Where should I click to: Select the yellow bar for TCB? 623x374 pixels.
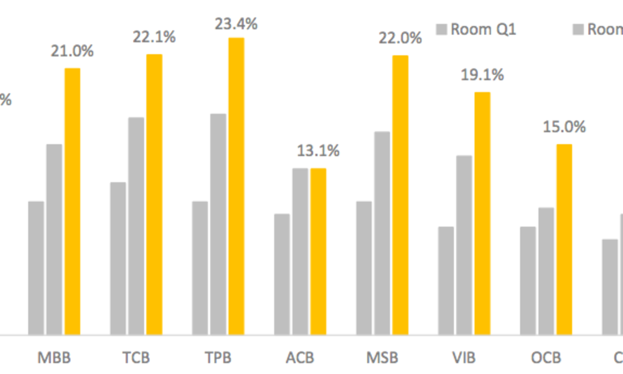coord(154,194)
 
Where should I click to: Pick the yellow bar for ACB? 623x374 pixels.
coord(318,251)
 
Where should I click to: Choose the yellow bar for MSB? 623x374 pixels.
coord(400,195)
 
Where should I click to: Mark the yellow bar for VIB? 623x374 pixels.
coord(482,213)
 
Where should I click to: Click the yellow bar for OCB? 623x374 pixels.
coord(564,239)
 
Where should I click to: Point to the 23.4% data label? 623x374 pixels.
coord(237,24)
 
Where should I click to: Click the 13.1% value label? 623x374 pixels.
coord(319,151)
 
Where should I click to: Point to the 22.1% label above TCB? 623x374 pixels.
coord(155,37)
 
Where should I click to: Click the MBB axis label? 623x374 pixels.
coord(54,358)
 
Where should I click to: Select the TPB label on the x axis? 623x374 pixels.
coord(218,358)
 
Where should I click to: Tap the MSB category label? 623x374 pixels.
coord(382,358)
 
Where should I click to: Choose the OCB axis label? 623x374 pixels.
coord(546,358)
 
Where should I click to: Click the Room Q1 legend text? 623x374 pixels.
coord(484,29)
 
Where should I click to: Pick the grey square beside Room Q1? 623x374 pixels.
coord(441,29)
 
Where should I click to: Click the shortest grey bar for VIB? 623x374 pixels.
coord(446,280)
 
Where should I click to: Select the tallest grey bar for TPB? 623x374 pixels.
coord(218,224)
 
